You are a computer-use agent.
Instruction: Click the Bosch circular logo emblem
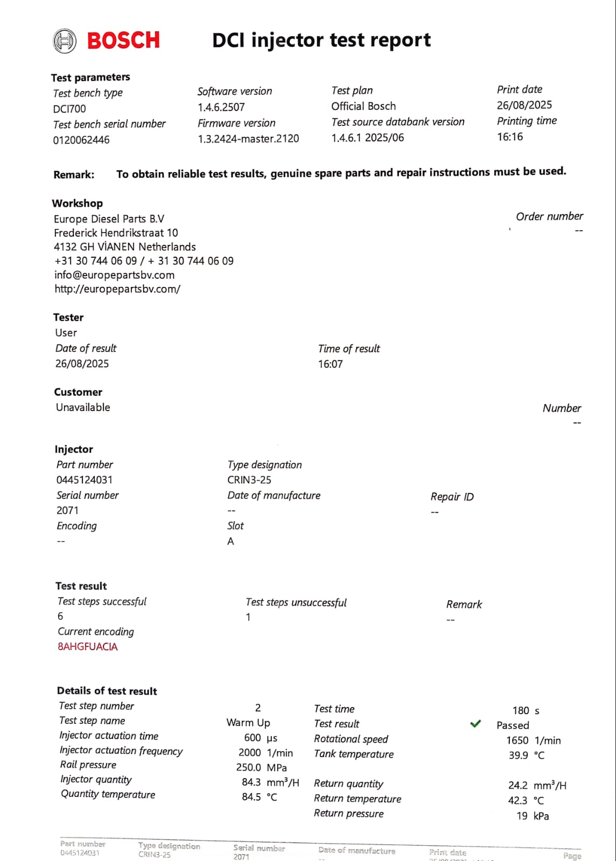click(65, 41)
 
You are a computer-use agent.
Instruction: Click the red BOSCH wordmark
click(123, 40)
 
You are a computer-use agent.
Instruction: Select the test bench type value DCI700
click(69, 109)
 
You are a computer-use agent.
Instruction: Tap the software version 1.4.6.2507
click(221, 107)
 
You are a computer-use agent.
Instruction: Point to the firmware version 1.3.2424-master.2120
click(248, 139)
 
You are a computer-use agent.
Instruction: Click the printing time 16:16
click(509, 137)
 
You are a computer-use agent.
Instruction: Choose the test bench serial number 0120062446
click(81, 140)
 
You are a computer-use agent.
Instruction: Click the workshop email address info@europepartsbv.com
click(114, 275)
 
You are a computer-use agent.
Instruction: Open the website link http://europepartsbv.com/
click(117, 289)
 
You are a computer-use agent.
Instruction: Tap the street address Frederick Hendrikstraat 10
click(116, 233)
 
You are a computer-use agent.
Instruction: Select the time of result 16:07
click(330, 364)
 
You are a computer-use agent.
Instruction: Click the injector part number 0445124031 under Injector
click(85, 480)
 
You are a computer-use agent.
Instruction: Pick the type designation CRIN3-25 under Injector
click(249, 480)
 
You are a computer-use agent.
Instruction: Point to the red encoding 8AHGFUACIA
click(88, 647)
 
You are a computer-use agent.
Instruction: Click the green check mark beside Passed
click(475, 724)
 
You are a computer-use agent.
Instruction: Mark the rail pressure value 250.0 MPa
click(261, 767)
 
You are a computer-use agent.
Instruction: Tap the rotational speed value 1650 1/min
click(533, 740)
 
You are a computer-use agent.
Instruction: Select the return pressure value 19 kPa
click(533, 816)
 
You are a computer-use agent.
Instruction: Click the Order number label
click(549, 216)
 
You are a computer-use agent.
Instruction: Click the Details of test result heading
click(107, 691)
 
